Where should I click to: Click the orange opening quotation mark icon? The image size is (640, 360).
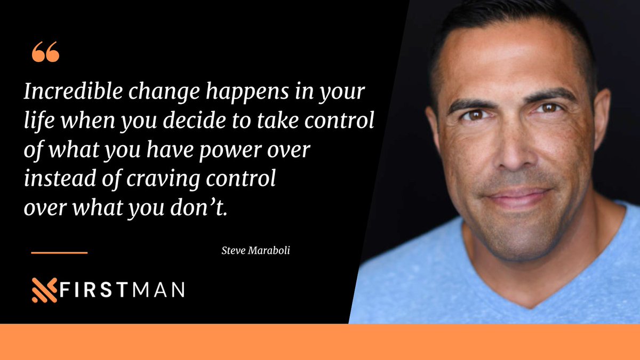[45, 52]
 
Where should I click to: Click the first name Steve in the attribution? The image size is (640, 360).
[230, 250]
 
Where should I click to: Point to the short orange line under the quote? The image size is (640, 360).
[59, 252]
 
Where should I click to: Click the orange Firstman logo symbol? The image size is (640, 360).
[44, 290]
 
